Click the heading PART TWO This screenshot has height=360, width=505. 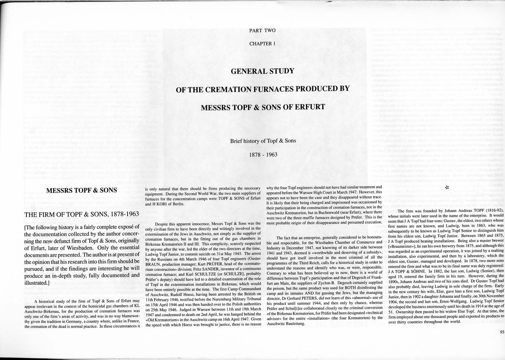coord(262,31)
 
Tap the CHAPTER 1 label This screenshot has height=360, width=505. coord(262,44)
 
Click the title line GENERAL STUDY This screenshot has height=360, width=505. coord(262,71)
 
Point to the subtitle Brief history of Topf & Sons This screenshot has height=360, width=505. coord(263,141)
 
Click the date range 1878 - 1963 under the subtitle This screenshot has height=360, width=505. coord(263,155)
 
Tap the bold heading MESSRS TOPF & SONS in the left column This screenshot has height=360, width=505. coord(81,190)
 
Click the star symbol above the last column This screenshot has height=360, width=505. coord(447,187)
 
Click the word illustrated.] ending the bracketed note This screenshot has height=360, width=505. coord(37,283)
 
